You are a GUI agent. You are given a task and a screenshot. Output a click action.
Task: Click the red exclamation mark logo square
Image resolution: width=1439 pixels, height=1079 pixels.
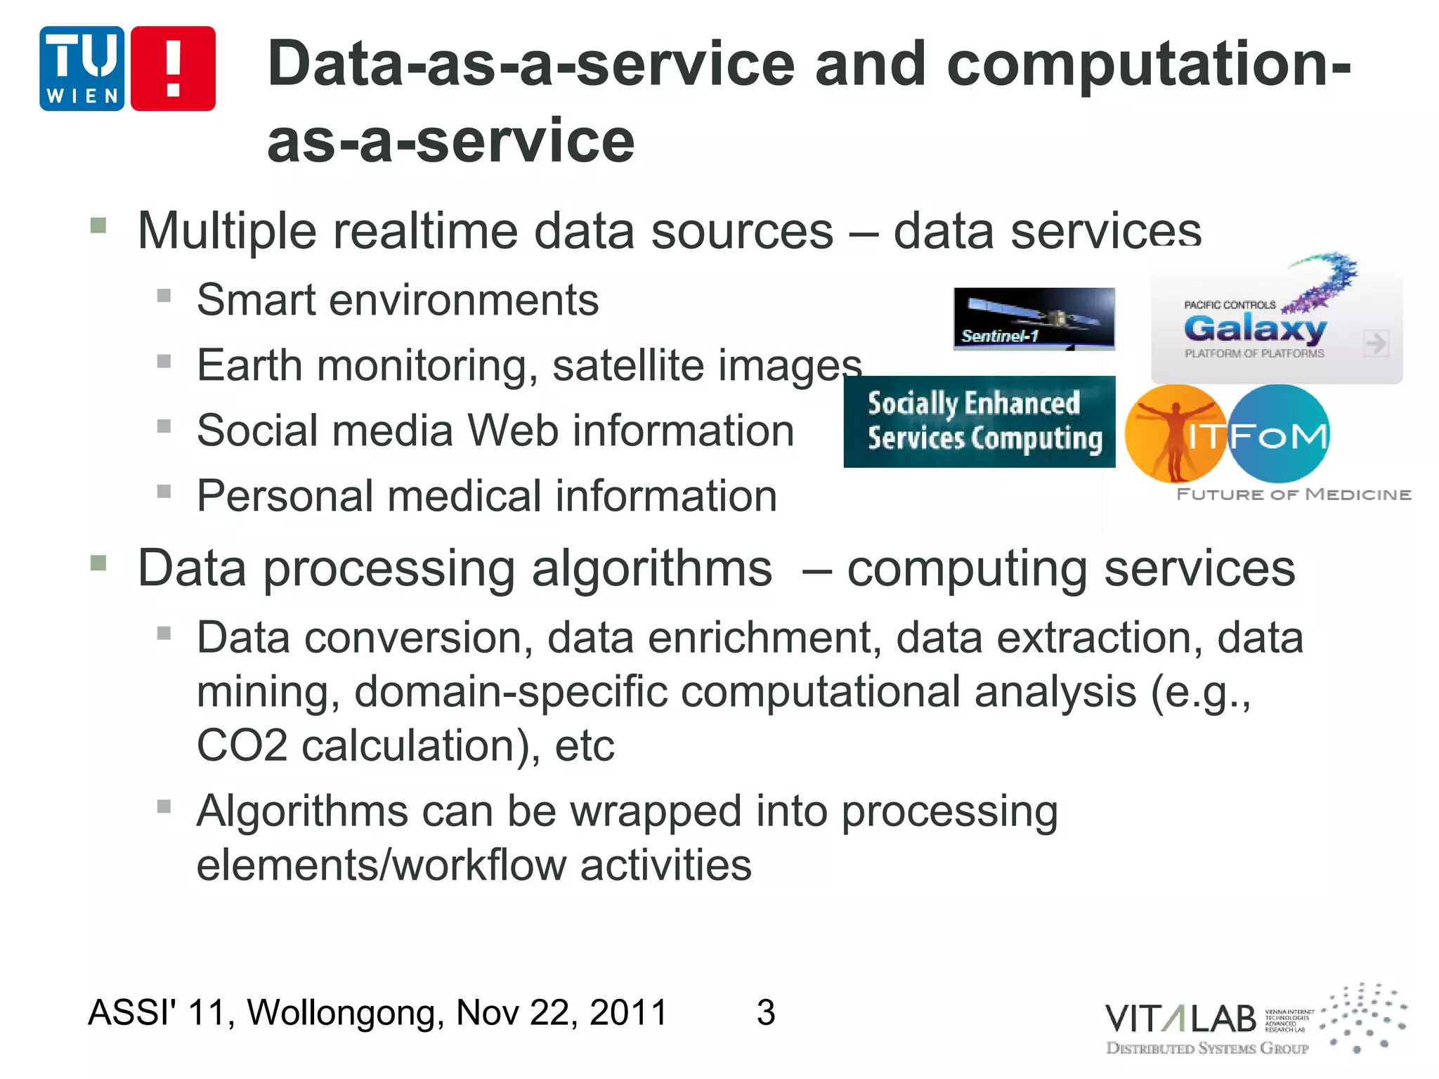point(173,69)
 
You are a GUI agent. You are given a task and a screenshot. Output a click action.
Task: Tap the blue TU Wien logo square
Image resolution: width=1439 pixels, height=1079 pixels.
point(82,69)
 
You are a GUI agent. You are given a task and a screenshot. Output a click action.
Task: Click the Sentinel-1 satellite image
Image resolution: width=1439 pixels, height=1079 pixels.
point(1034,318)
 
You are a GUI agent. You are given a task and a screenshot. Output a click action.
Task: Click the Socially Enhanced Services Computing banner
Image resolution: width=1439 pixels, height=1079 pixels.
point(979,421)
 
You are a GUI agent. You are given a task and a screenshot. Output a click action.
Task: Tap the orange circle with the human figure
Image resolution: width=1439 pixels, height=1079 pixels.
point(1174,433)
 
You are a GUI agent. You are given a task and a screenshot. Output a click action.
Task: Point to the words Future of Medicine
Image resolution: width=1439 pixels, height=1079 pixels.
point(1294,495)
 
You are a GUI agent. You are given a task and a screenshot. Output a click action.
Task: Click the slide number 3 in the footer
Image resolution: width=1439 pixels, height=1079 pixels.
point(766,1012)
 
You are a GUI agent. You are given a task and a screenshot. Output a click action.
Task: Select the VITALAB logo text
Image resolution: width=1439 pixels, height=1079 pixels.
point(1180,1019)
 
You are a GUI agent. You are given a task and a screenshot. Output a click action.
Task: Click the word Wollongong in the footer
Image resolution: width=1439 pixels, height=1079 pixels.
point(345,1012)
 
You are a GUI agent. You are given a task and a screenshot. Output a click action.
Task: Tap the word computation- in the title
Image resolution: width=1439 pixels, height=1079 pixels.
point(1148,65)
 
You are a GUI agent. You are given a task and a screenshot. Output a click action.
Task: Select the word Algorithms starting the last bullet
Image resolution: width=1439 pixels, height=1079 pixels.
point(302,811)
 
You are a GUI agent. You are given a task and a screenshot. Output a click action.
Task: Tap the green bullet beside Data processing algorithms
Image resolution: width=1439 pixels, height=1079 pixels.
point(98,563)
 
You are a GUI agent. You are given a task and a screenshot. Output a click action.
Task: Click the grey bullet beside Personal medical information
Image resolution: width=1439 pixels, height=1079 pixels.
point(164,491)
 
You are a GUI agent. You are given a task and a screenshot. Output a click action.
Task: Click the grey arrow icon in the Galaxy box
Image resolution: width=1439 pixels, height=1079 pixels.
point(1375,344)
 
